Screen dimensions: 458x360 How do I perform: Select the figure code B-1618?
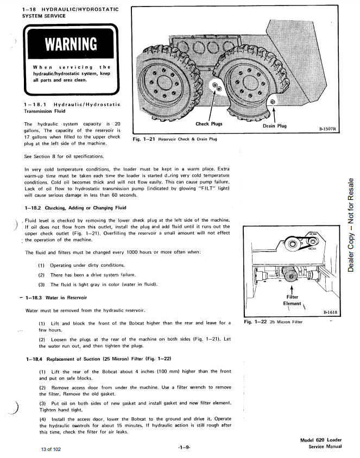point(330,312)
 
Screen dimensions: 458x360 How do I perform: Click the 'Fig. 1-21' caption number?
point(144,139)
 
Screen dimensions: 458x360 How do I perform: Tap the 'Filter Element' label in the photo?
point(293,300)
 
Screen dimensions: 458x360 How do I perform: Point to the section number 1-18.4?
point(37,359)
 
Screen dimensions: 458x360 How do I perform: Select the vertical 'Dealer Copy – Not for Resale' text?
point(351,225)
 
